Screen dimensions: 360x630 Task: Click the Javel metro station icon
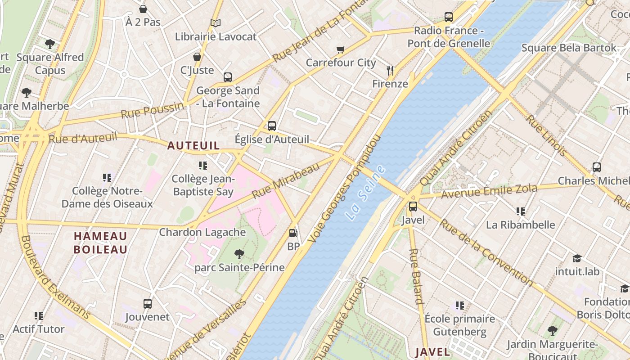[413, 207]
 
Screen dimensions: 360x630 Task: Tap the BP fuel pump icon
[293, 233]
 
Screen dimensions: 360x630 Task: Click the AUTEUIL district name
[193, 145]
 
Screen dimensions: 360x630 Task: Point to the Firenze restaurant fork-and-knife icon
[390, 70]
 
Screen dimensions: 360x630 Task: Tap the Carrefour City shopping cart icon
[341, 49]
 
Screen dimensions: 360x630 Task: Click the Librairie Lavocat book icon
[216, 23]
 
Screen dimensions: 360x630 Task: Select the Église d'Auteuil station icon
[272, 126]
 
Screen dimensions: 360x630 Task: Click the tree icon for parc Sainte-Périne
[239, 254]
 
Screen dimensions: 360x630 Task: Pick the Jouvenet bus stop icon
[148, 303]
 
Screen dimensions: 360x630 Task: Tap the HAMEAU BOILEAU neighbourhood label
[100, 243]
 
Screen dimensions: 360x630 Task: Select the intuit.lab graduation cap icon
[577, 258]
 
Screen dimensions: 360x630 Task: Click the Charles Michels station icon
[597, 167]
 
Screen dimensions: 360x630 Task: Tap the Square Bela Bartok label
[569, 48]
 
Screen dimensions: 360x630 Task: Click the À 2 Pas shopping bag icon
[143, 9]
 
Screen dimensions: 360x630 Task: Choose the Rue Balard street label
[416, 276]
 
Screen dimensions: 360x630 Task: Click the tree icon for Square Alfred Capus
[50, 44]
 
